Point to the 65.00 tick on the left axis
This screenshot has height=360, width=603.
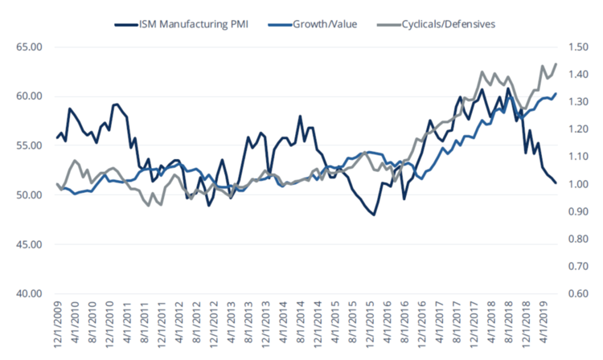click(27, 47)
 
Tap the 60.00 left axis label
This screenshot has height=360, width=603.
click(27, 96)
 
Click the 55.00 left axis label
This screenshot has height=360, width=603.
click(27, 145)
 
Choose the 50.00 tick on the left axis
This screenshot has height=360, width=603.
click(27, 195)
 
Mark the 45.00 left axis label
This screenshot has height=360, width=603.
click(27, 244)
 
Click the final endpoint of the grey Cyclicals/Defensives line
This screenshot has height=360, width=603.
click(556, 64)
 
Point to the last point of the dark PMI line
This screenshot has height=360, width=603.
click(556, 183)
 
